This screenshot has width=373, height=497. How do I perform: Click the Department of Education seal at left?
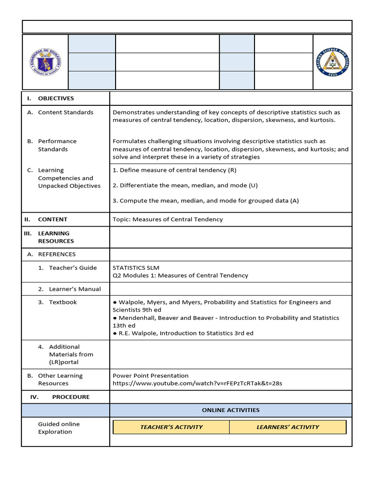(45, 62)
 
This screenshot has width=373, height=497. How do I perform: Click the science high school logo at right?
(332, 62)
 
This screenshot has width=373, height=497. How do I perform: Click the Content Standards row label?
(66, 113)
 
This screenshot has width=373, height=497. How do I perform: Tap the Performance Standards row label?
(57, 145)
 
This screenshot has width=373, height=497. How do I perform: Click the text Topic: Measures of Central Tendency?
(168, 219)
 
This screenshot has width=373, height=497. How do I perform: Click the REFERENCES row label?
(57, 254)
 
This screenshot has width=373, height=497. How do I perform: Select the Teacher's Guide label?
(72, 268)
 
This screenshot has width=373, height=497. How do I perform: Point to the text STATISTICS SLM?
(136, 268)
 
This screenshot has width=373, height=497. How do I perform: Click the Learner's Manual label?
(75, 289)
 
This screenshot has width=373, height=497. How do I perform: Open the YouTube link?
(197, 383)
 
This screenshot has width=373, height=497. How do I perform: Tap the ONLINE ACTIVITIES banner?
(231, 410)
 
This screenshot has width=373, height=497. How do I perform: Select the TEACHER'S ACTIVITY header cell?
(171, 427)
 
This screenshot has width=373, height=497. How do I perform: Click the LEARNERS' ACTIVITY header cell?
(288, 427)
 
